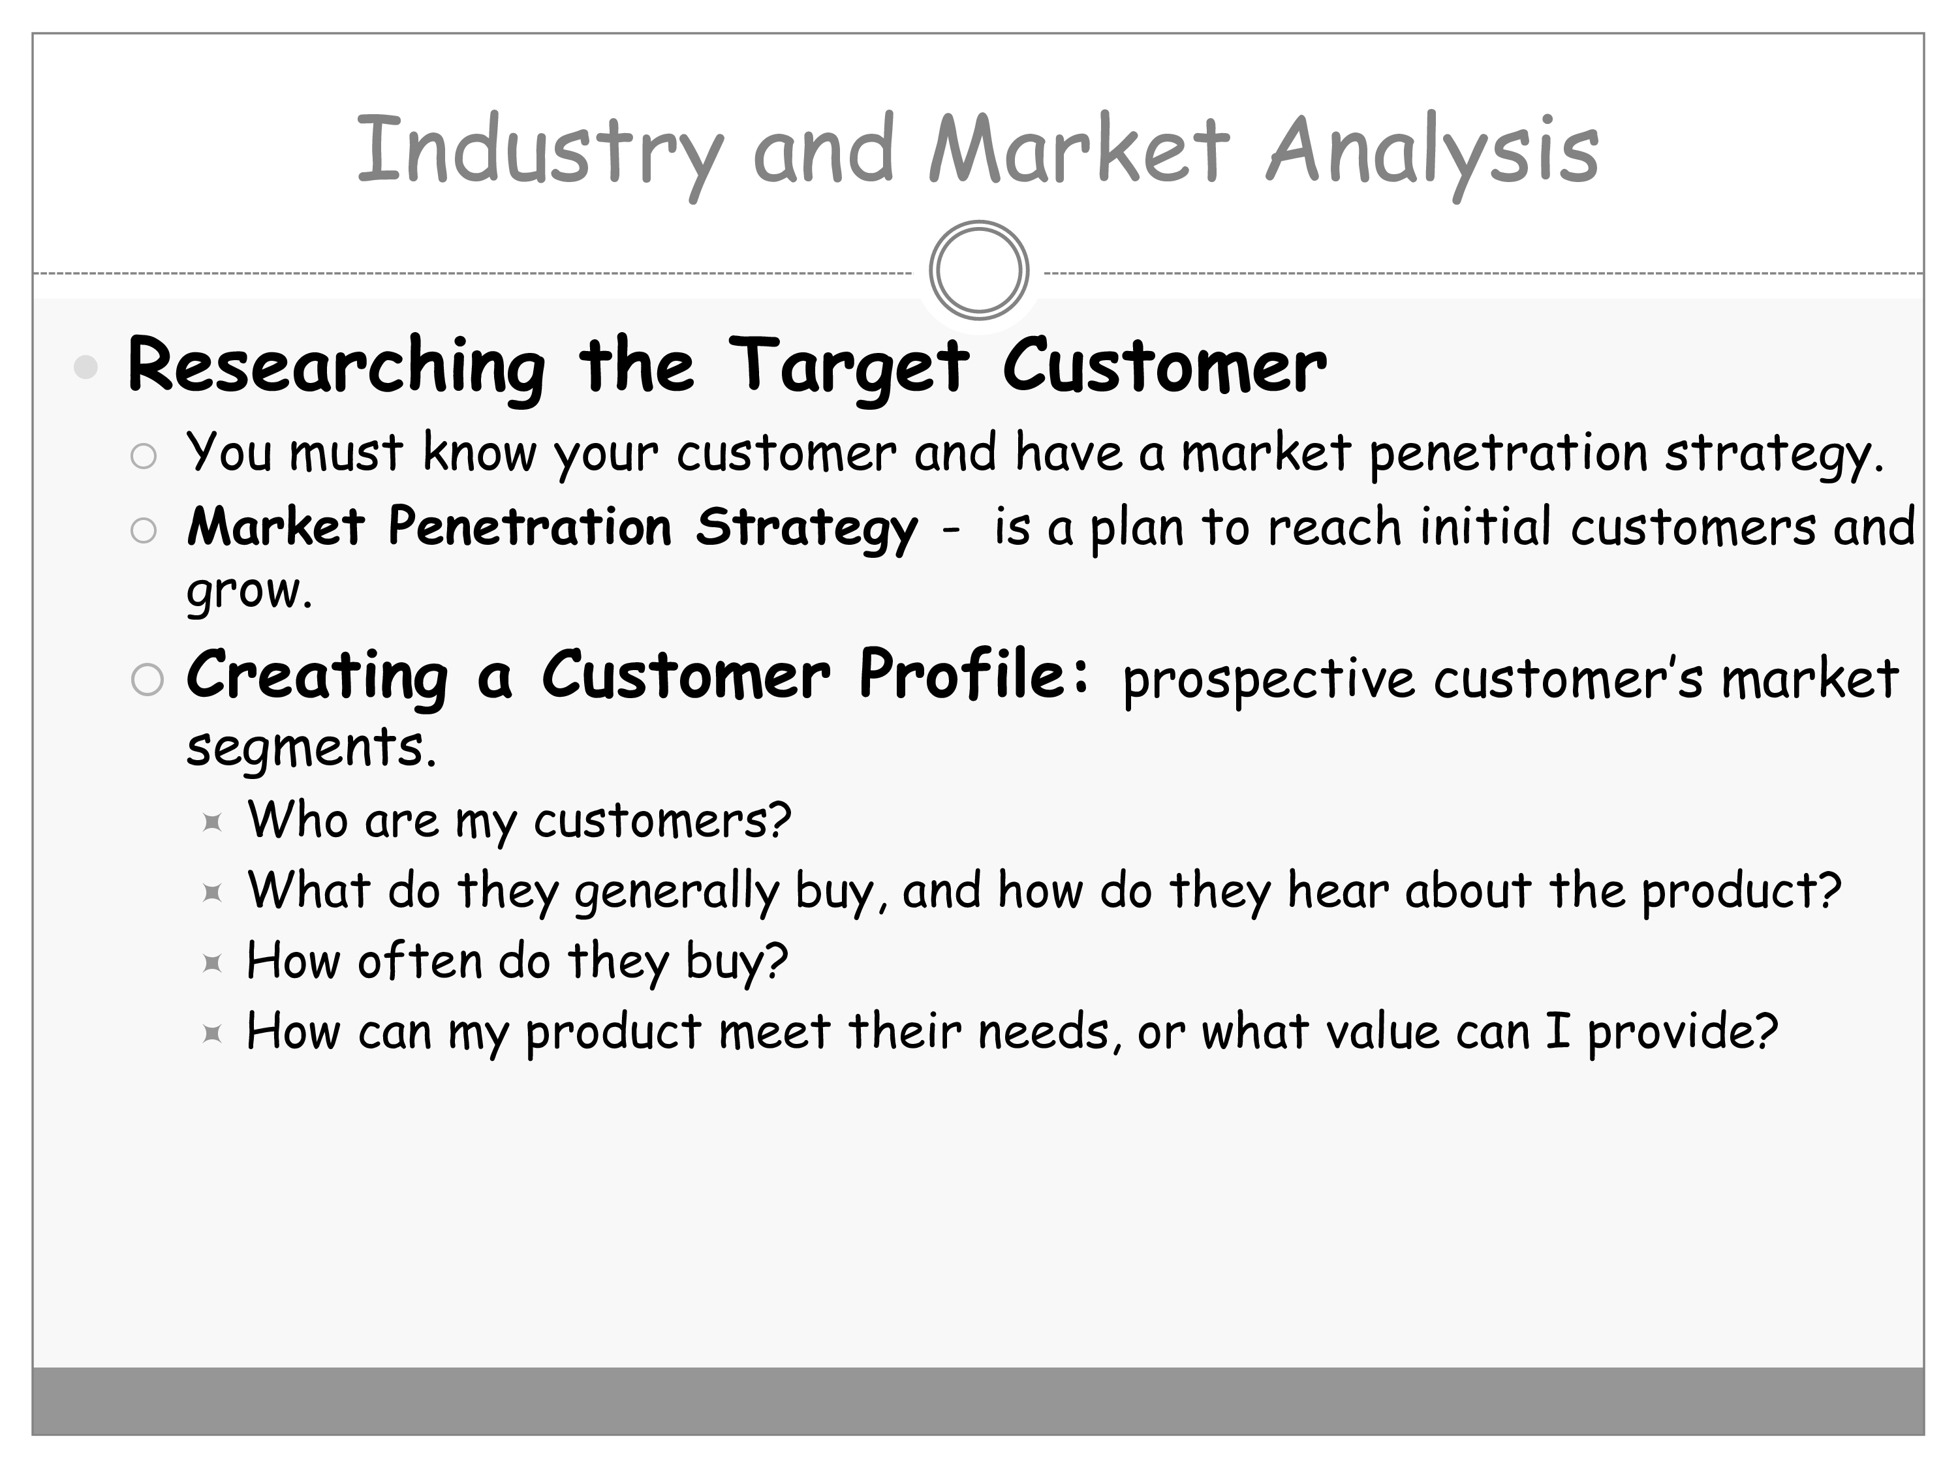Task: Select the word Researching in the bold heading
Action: point(336,368)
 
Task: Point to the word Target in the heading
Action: point(849,368)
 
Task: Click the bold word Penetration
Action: point(530,527)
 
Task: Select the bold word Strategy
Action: point(807,529)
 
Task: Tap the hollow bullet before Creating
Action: point(147,680)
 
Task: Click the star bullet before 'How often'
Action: point(211,963)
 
